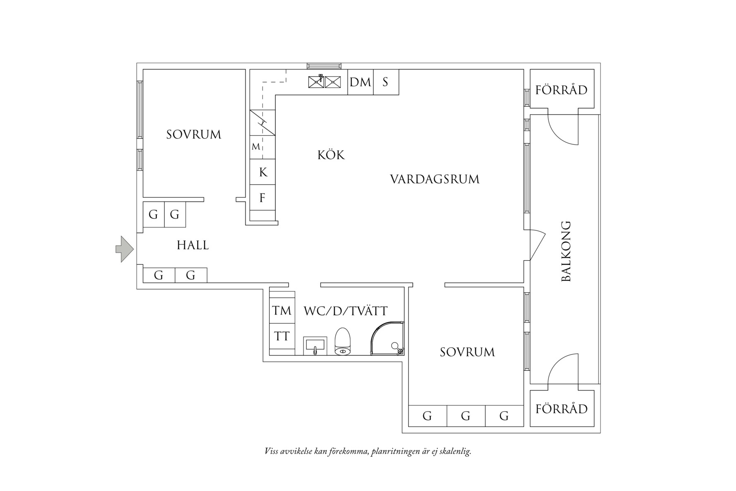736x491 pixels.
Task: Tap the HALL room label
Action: [x=193, y=245]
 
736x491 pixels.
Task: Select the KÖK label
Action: [x=331, y=155]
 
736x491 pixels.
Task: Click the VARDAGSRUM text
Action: [x=435, y=179]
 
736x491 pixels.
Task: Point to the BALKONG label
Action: [x=566, y=251]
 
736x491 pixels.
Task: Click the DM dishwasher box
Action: [x=360, y=82]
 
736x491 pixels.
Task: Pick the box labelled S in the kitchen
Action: [x=386, y=82]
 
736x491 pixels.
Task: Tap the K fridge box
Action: [x=263, y=172]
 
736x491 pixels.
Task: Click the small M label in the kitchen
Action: [x=256, y=147]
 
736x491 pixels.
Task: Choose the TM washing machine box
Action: [x=282, y=311]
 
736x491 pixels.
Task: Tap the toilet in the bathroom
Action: [x=343, y=342]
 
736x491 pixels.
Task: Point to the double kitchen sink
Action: [x=325, y=82]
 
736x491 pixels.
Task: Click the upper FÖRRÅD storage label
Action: [x=562, y=90]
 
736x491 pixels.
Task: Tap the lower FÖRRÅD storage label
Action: [x=562, y=409]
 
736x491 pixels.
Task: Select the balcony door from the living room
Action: [x=537, y=245]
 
